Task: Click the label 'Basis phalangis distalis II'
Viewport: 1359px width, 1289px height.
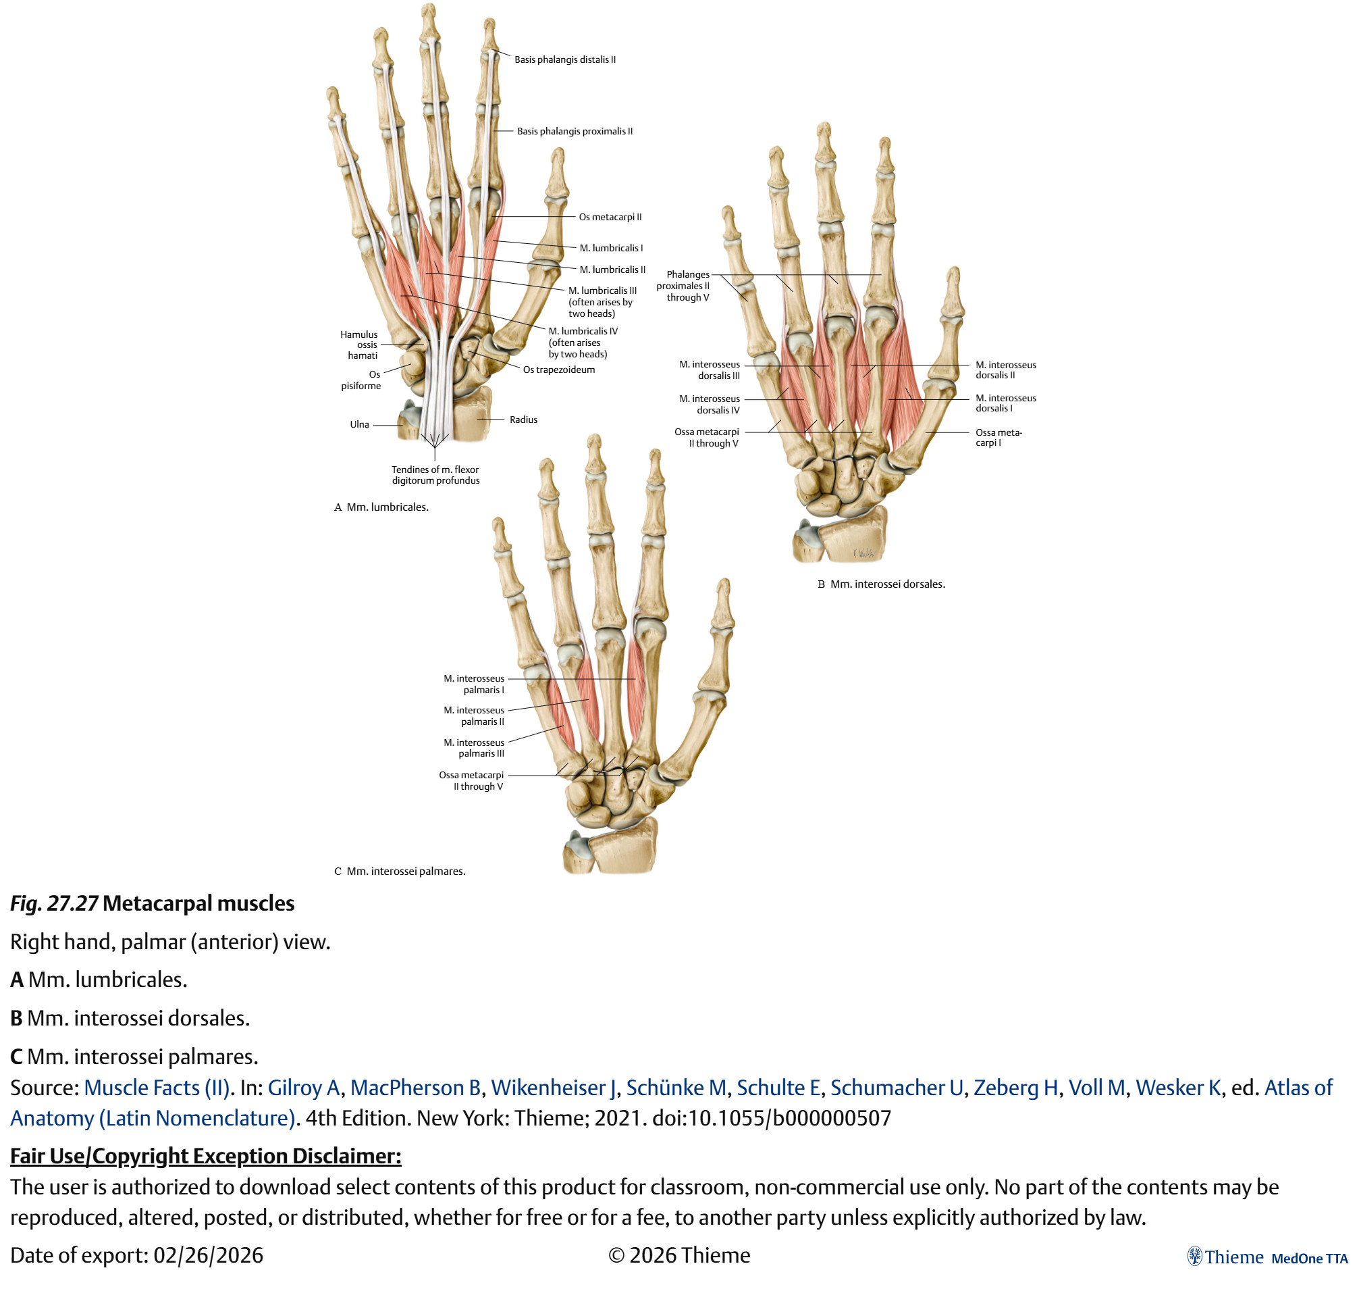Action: [564, 59]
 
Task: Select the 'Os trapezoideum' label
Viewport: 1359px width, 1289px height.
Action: [558, 370]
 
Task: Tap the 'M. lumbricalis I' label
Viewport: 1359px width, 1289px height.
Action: [610, 248]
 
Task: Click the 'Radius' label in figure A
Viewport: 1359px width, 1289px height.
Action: [523, 420]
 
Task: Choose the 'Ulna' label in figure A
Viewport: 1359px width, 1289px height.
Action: [359, 425]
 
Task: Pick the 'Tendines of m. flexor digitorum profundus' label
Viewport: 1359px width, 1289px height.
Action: [435, 475]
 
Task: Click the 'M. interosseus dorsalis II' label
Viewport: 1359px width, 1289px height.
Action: [1005, 370]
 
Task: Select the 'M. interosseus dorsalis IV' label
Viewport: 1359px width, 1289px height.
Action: [710, 404]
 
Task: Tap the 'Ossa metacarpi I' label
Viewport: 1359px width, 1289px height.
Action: [998, 438]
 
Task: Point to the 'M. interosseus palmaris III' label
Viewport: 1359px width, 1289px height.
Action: [474, 748]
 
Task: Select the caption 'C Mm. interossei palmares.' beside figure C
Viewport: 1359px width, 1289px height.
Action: [400, 871]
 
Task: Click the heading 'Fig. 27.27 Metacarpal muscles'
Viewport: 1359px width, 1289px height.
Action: [153, 903]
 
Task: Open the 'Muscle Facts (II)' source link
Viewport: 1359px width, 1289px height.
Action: [157, 1088]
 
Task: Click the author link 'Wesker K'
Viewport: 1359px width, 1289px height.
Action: [1177, 1088]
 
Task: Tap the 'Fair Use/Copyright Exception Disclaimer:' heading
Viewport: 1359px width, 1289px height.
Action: [205, 1157]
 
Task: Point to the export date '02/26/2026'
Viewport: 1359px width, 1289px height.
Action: [208, 1255]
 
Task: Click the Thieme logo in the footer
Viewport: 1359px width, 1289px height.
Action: [1225, 1257]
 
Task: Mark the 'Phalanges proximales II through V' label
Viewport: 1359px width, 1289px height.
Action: [683, 286]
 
